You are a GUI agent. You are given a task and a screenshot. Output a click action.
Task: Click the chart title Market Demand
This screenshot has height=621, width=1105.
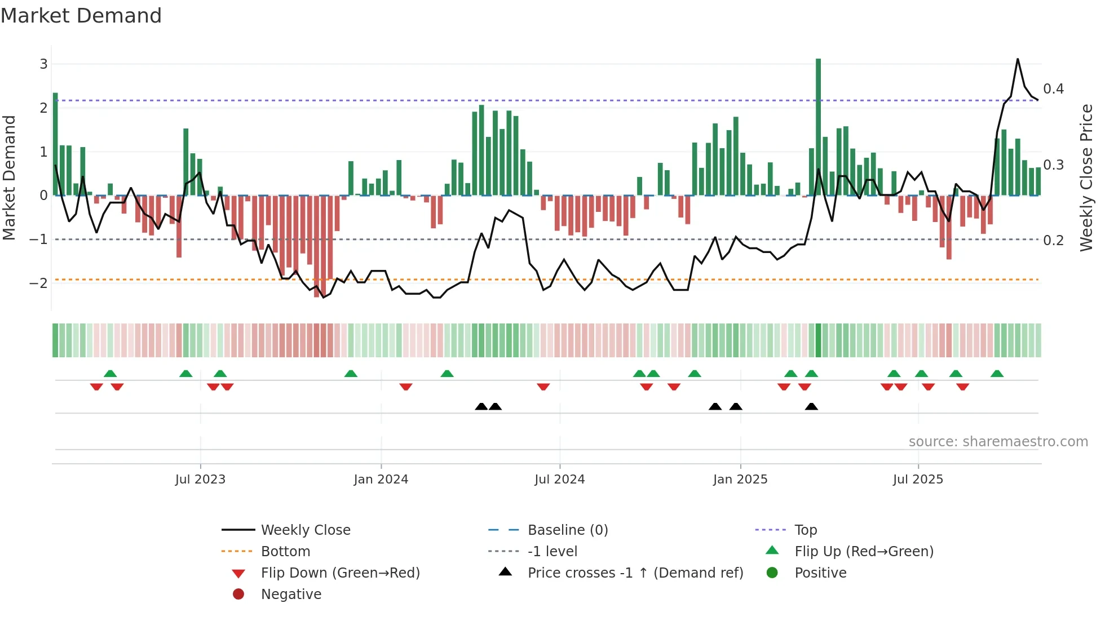pos(81,16)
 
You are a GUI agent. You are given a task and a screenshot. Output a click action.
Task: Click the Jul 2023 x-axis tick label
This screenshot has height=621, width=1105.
pos(200,480)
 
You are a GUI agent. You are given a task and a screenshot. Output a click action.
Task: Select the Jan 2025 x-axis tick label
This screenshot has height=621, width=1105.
pos(740,480)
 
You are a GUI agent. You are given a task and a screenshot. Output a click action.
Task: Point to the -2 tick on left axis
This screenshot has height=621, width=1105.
pos(39,283)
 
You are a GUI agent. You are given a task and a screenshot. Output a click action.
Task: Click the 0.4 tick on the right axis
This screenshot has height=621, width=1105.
pos(1053,89)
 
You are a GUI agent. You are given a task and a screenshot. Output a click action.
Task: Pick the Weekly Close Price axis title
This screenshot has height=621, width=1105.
pos(1086,178)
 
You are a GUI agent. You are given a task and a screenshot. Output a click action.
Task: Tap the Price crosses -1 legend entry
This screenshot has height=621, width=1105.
pos(635,573)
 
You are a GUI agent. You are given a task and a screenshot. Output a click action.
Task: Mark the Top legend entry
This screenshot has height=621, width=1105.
pos(805,530)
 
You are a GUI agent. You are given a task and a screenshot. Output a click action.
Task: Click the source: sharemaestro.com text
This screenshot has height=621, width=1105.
pos(998,442)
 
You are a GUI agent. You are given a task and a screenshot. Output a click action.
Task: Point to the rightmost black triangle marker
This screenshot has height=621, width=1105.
pos(811,406)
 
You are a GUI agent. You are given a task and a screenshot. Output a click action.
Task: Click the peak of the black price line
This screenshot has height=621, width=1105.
pos(1018,59)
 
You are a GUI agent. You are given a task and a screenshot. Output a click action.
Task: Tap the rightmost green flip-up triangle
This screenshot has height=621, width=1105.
pos(997,374)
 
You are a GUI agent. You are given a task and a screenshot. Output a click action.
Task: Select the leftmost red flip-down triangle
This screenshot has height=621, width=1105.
pos(96,387)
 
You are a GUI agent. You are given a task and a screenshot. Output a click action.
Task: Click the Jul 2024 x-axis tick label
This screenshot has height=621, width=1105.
pos(559,480)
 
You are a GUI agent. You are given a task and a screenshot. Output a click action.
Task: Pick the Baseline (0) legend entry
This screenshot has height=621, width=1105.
pos(567,530)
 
